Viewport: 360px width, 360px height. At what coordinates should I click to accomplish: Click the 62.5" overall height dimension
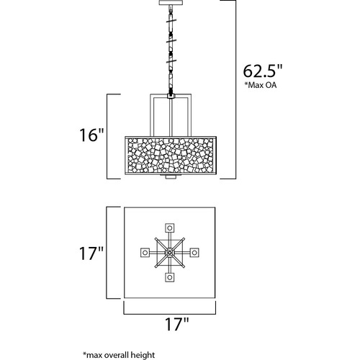(x=263, y=71)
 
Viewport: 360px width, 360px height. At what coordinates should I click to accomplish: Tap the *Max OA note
(x=261, y=85)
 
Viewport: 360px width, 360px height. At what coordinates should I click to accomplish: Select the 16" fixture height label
(x=91, y=135)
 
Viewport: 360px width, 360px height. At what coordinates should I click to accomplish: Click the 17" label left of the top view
(x=91, y=253)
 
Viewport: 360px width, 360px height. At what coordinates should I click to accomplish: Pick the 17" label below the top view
(x=177, y=324)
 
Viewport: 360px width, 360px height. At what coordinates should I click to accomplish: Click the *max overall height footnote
(x=119, y=355)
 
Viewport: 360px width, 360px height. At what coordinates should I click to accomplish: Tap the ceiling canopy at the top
(x=170, y=3)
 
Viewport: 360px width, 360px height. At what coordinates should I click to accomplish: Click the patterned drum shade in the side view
(x=171, y=155)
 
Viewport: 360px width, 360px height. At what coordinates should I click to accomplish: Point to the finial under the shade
(x=170, y=176)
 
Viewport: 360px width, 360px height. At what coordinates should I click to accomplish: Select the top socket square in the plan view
(x=170, y=228)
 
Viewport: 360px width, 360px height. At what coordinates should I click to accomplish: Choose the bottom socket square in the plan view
(x=170, y=277)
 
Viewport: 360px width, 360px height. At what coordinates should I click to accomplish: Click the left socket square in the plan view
(x=145, y=253)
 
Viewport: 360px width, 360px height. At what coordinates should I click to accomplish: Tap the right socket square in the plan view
(x=194, y=253)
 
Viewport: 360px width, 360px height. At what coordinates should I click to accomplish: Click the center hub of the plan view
(x=170, y=253)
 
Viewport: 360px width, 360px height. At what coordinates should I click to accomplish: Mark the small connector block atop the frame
(x=171, y=96)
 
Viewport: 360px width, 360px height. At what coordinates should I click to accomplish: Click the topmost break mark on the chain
(x=171, y=21)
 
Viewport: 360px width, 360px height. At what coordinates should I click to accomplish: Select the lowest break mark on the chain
(x=171, y=61)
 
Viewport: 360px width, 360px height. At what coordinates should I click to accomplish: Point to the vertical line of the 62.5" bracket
(x=235, y=89)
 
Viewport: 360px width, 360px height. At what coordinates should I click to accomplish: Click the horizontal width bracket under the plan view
(x=170, y=313)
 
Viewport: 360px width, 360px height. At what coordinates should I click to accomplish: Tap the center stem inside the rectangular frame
(x=170, y=117)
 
